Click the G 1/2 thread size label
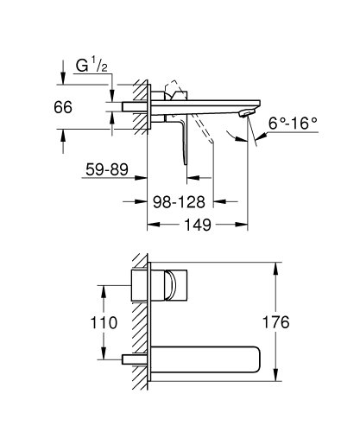coord(92,67)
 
